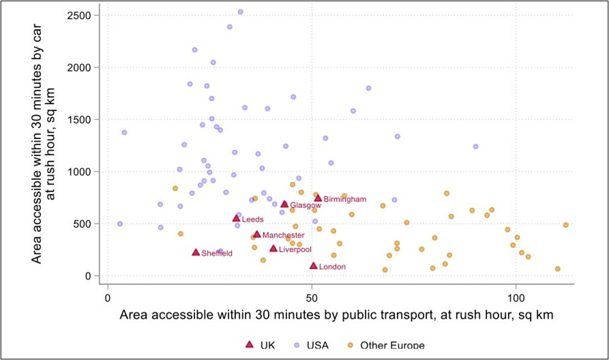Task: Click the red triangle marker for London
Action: pyautogui.click(x=314, y=266)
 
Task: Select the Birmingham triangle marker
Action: pyautogui.click(x=318, y=198)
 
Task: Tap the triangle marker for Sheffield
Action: pyautogui.click(x=196, y=252)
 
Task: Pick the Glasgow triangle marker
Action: pyautogui.click(x=284, y=204)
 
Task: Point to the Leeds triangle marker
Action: pyautogui.click(x=236, y=218)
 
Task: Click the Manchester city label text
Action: pyautogui.click(x=283, y=235)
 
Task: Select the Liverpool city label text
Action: pyautogui.click(x=295, y=250)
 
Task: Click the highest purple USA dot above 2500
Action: pyautogui.click(x=240, y=12)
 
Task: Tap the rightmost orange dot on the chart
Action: pyautogui.click(x=565, y=225)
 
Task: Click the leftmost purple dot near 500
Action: pyautogui.click(x=120, y=224)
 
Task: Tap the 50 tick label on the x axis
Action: pyautogui.click(x=312, y=299)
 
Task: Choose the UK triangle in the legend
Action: pyautogui.click(x=250, y=345)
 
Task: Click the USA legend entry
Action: pyautogui.click(x=313, y=346)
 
